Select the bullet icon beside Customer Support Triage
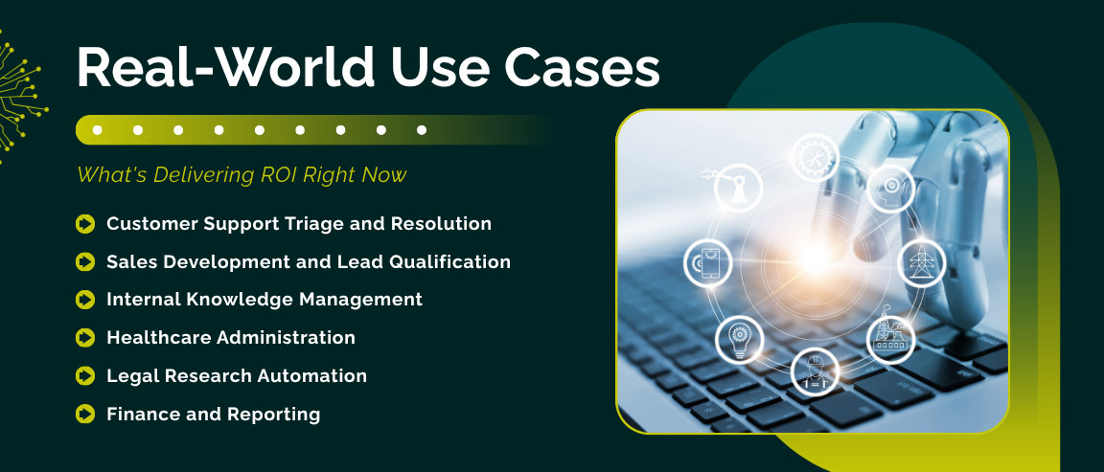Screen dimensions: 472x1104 (85, 224)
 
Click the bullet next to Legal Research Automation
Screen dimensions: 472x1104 (85, 376)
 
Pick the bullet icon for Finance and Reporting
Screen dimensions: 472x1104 (85, 415)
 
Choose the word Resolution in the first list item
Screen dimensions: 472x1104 (442, 224)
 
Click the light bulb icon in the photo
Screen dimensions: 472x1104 (739, 339)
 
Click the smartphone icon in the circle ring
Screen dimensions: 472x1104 (707, 261)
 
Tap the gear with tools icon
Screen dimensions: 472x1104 (816, 156)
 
